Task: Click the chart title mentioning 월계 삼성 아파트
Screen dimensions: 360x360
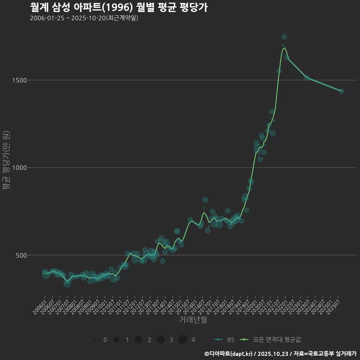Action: coord(118,7)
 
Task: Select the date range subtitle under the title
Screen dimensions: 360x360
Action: coord(84,18)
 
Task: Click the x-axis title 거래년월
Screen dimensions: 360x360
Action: coord(193,320)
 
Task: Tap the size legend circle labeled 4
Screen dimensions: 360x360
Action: coord(183,340)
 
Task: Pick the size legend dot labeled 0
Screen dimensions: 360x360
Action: coord(94,340)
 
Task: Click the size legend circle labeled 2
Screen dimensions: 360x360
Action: coord(138,340)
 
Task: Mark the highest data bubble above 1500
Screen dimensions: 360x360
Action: coord(284,37)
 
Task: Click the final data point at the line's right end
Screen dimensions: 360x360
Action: coord(342,91)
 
